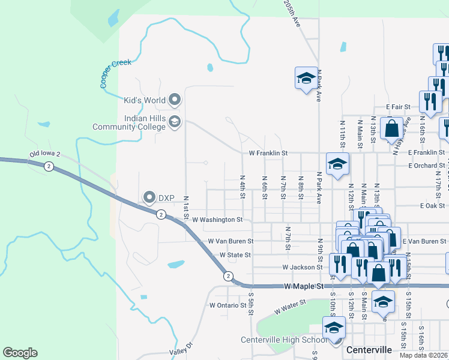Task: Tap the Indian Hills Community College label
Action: (x=128, y=122)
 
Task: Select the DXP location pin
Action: (x=149, y=197)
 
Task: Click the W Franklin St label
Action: (x=270, y=154)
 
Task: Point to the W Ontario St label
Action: (x=228, y=305)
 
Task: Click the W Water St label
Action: (x=291, y=308)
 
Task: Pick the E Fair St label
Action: (x=398, y=107)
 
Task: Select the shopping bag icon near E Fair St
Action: (x=392, y=129)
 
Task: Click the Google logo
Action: (x=20, y=353)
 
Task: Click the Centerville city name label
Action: (x=369, y=349)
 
